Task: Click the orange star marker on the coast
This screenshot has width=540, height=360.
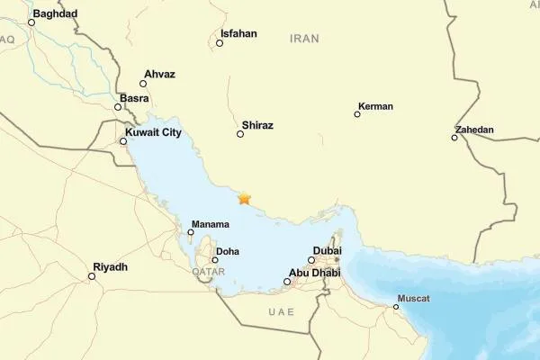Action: click(x=244, y=198)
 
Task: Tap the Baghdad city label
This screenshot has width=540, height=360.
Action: click(x=55, y=13)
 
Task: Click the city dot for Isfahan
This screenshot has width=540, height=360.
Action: click(x=220, y=42)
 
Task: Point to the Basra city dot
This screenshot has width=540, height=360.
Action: click(x=118, y=107)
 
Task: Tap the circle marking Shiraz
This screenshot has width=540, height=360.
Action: click(x=240, y=134)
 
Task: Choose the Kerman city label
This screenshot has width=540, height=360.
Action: click(x=375, y=106)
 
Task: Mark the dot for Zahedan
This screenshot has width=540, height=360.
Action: click(x=454, y=138)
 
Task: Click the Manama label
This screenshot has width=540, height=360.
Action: click(x=211, y=224)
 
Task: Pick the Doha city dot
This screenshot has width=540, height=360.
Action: click(x=215, y=260)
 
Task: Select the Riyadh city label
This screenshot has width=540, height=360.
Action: click(x=110, y=267)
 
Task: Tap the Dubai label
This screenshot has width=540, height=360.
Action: click(x=328, y=251)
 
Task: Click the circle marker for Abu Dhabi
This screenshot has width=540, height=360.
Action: click(x=287, y=282)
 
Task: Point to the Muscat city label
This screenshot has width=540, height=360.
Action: click(x=413, y=298)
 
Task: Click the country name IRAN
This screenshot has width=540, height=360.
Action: click(x=305, y=38)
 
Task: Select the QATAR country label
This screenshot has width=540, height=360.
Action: click(x=208, y=271)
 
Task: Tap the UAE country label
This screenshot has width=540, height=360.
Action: click(x=281, y=310)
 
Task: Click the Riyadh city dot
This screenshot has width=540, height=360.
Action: click(x=92, y=276)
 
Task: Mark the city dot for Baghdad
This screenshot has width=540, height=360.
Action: click(x=31, y=22)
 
